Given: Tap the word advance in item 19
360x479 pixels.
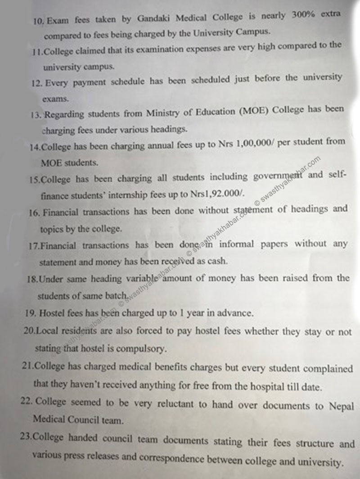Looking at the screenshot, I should tap(237, 312).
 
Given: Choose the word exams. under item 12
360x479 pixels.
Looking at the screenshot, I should tap(55, 98).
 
